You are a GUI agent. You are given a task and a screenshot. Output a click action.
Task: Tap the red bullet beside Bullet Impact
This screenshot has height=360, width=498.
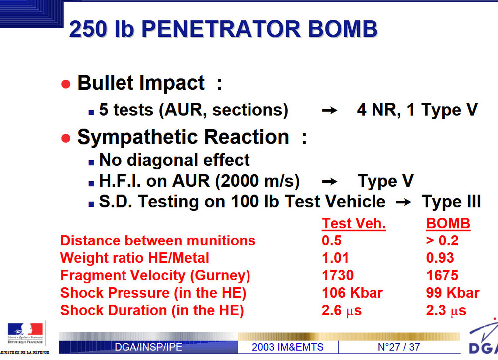click(66, 84)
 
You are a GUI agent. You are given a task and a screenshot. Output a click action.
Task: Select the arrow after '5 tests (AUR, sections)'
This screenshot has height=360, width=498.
click(329, 110)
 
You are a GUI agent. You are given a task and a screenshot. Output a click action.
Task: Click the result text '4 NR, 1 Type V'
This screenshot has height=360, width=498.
click(417, 110)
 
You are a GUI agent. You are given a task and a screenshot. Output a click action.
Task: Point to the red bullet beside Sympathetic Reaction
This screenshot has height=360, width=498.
click(66, 138)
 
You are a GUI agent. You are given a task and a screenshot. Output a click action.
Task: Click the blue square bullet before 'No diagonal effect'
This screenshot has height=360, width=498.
click(91, 162)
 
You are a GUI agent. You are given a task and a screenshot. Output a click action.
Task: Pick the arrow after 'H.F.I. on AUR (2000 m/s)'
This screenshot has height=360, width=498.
click(329, 182)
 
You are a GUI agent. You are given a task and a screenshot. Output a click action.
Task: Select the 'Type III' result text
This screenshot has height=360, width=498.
click(451, 201)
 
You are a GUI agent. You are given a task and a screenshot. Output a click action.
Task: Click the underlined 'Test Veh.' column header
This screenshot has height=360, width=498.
click(354, 224)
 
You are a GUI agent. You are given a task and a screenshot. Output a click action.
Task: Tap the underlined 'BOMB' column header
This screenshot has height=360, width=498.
click(448, 224)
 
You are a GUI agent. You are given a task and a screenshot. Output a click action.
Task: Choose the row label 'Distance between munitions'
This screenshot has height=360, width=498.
click(158, 240)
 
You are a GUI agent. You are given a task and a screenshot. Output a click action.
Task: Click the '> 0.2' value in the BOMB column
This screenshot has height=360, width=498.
click(442, 240)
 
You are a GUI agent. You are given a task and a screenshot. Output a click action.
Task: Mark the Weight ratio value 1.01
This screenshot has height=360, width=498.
click(335, 258)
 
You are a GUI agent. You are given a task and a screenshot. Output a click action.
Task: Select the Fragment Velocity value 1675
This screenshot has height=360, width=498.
click(442, 275)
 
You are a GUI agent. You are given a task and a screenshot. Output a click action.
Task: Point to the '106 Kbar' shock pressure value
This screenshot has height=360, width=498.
click(352, 293)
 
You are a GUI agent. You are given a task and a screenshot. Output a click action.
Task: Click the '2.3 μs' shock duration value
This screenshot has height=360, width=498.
click(446, 311)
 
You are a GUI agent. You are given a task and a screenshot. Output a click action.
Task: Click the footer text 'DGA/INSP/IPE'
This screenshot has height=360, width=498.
click(148, 347)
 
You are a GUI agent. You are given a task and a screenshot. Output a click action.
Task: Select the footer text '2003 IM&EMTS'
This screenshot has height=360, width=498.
click(288, 347)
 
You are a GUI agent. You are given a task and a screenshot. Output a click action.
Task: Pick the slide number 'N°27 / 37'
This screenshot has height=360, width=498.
click(399, 347)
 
